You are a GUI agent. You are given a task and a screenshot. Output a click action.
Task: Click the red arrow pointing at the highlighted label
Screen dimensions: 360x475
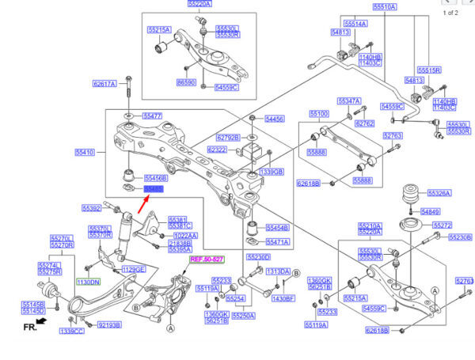145,204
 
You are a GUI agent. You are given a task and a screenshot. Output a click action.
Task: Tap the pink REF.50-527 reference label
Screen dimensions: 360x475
207,260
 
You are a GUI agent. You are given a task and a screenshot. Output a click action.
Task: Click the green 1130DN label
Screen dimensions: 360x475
88,282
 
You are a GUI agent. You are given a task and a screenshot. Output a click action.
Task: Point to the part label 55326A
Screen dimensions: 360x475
439,192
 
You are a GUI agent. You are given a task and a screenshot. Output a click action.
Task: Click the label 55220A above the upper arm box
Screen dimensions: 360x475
199,4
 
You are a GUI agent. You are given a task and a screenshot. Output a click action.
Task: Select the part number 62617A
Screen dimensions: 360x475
104,83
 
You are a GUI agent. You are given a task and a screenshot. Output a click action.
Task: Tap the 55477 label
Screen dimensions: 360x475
153,116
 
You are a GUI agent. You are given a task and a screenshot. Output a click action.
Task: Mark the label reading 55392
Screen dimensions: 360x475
92,208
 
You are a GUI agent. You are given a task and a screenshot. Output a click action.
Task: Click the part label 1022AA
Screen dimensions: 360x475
185,235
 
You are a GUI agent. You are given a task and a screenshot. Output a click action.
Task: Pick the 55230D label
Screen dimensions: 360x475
258,257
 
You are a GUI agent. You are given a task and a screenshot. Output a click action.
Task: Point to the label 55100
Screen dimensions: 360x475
318,114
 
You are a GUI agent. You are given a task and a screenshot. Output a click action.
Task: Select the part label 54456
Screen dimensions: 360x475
274,119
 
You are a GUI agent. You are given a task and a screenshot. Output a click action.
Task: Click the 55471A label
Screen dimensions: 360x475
277,241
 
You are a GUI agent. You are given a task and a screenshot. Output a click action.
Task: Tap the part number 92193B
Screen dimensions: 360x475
109,324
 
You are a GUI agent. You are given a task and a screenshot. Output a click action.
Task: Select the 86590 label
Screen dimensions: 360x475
186,81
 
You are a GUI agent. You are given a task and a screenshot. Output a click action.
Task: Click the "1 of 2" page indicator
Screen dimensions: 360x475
450,13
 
